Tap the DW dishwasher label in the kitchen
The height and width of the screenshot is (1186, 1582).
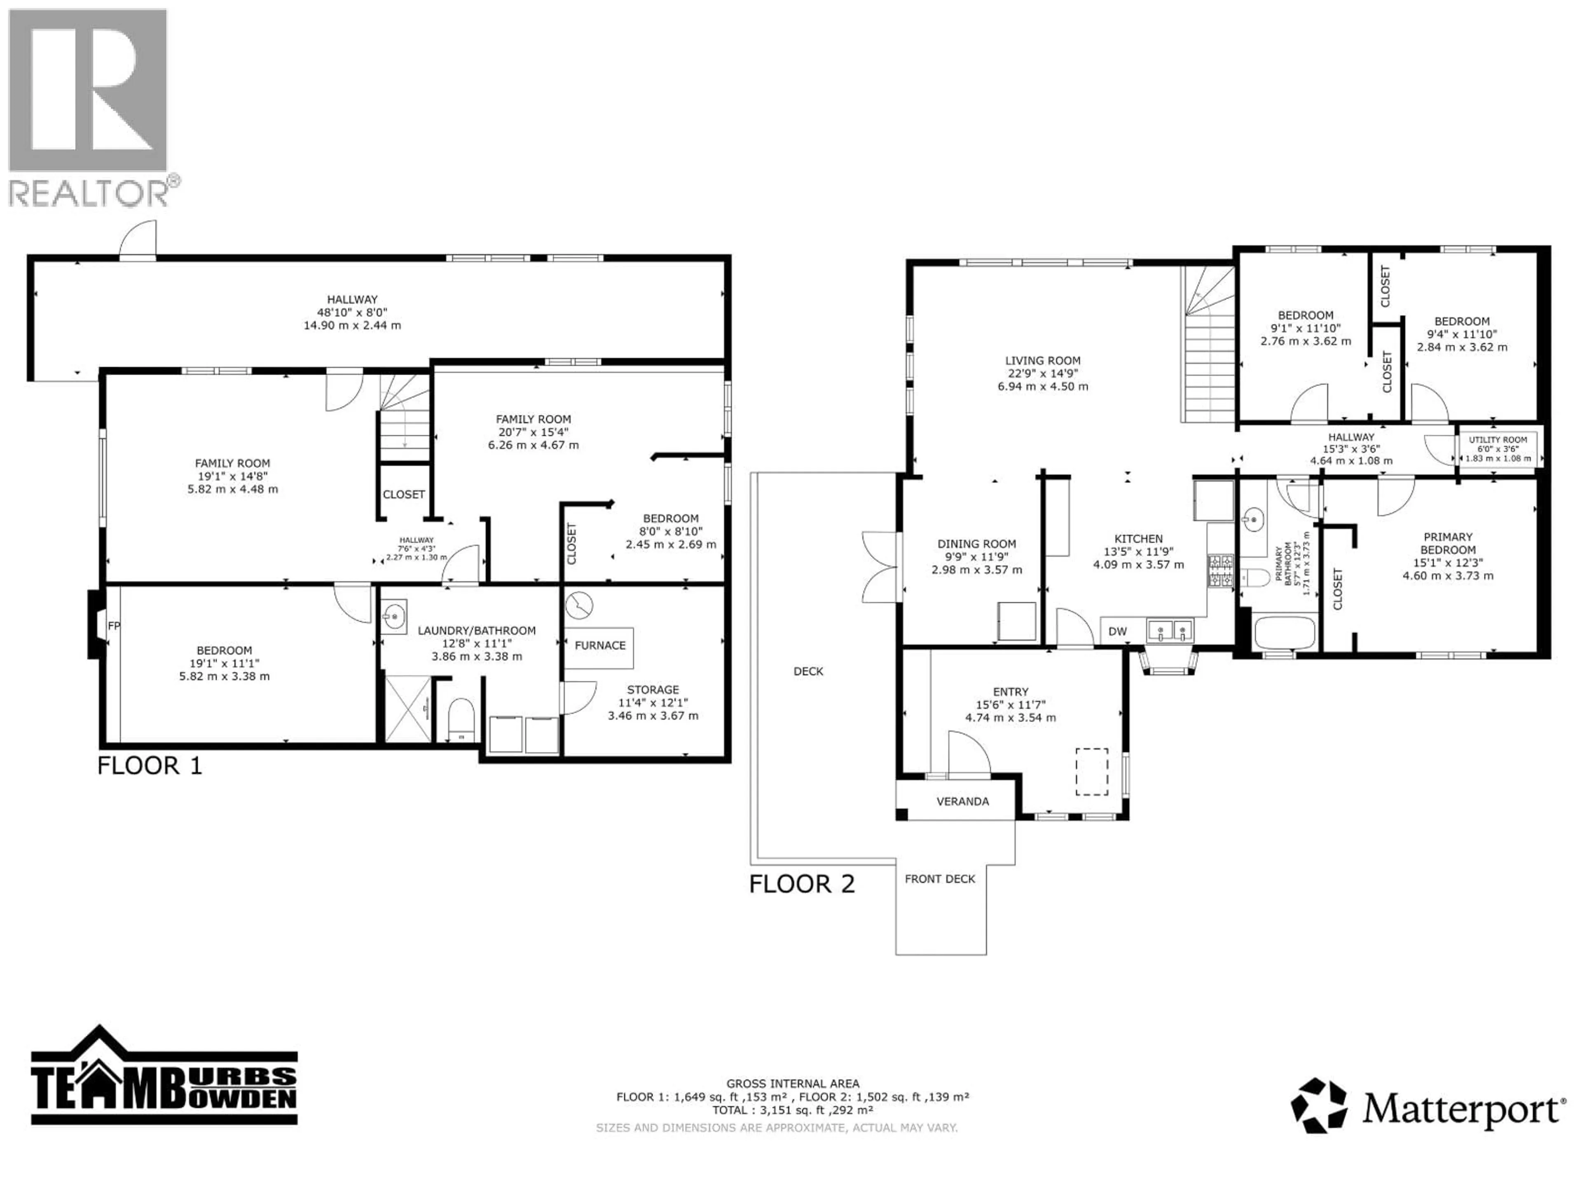[1117, 631]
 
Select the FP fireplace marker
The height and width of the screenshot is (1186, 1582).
[113, 626]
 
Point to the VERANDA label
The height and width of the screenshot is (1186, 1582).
[963, 801]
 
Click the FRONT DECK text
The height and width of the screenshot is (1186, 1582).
[940, 879]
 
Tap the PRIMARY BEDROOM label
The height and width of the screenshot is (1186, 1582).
[1448, 543]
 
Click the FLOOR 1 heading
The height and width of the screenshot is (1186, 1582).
[150, 766]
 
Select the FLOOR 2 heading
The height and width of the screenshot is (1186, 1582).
[802, 884]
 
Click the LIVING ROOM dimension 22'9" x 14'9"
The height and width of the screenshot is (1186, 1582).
[1043, 373]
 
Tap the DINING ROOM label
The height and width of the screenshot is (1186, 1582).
[976, 544]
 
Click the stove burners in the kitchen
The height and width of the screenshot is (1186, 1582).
[1220, 570]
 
